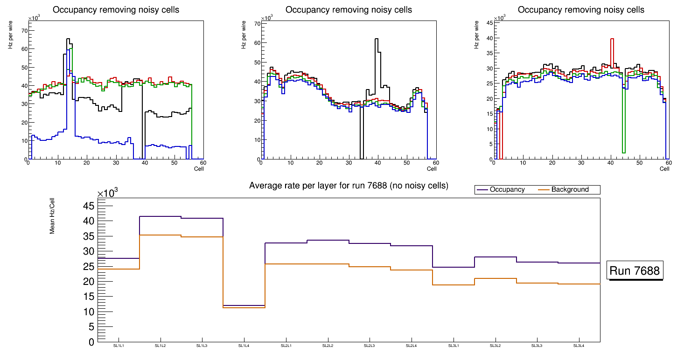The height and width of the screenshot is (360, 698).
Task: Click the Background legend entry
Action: tap(570, 190)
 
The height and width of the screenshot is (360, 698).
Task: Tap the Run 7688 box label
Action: tap(635, 270)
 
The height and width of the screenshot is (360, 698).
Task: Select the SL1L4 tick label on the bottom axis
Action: tap(244, 346)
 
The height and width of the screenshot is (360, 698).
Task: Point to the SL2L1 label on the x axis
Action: tap(286, 346)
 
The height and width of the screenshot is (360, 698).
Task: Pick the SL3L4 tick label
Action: tap(579, 346)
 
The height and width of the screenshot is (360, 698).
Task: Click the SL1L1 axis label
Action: tap(119, 346)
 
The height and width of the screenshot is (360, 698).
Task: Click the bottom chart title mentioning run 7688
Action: tap(349, 186)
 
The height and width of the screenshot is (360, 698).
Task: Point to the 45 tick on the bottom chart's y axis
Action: tap(88, 206)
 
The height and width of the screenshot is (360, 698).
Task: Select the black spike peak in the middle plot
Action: tap(376, 39)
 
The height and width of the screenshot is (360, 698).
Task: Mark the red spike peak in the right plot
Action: tap(612, 39)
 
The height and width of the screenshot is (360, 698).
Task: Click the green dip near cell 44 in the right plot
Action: tap(623, 152)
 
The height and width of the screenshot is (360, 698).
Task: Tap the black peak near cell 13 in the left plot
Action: tap(68, 39)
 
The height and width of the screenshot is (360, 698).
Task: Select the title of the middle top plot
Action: tap(349, 10)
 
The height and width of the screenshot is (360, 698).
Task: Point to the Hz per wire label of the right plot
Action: tap(476, 36)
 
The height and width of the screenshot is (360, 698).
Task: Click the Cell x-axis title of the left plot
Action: tap(199, 169)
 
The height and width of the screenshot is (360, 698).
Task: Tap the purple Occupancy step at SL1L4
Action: tap(244, 305)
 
